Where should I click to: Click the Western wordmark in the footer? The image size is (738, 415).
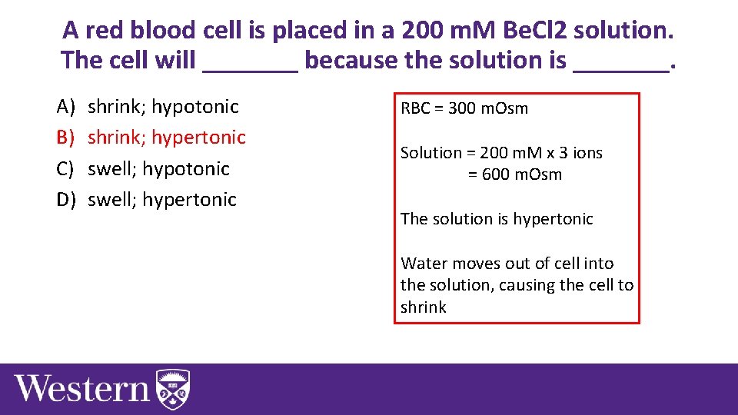[x=82, y=388]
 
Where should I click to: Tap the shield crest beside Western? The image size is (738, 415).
[x=173, y=389]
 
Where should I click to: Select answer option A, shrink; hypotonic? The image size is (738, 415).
[x=163, y=106]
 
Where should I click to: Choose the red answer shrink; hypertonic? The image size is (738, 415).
[x=167, y=137]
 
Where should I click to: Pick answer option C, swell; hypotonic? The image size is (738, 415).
[x=158, y=168]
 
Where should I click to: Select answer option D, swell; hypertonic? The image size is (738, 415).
[x=162, y=199]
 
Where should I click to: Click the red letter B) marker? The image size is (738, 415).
[x=65, y=137]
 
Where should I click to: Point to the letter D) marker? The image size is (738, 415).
[x=65, y=199]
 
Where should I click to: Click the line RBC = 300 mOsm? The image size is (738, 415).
[x=464, y=108]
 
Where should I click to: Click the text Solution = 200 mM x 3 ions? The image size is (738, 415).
[x=501, y=153]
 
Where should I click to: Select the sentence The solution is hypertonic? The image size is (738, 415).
[x=497, y=219]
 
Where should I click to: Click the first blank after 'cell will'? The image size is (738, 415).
[x=250, y=61]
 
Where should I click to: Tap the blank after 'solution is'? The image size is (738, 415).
[x=621, y=61]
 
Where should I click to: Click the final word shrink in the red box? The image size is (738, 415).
[x=423, y=307]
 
